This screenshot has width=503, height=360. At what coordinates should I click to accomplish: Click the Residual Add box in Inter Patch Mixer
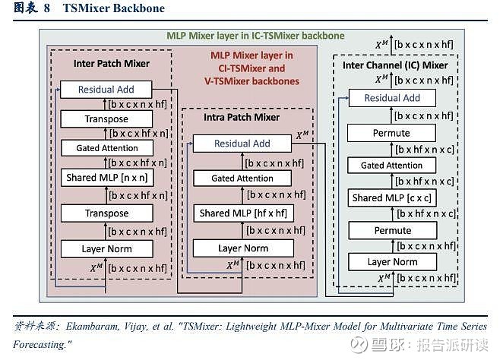(106, 90)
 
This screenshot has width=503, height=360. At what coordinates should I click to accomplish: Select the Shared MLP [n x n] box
(106, 177)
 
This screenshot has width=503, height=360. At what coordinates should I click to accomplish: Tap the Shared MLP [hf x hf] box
(242, 213)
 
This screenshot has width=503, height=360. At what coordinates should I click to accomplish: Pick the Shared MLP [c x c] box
(391, 198)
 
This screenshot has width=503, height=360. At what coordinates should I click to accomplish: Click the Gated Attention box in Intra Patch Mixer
(242, 178)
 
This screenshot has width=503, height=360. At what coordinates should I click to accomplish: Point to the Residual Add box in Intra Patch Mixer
(242, 143)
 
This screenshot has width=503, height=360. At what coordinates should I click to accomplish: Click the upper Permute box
(391, 133)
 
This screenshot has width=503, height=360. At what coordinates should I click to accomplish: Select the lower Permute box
(391, 230)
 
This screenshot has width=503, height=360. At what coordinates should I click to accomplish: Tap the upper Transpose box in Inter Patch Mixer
(106, 119)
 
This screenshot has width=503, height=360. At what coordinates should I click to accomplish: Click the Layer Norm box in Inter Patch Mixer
(106, 248)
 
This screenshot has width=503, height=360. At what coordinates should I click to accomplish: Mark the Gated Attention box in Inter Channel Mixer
(391, 165)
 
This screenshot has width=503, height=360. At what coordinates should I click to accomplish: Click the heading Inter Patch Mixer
(112, 63)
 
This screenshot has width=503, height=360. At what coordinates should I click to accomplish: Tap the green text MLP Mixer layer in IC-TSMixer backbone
(255, 36)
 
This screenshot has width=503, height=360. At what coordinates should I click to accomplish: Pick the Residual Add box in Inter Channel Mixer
(391, 98)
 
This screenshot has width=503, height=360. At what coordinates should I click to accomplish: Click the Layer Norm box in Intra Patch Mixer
(242, 248)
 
